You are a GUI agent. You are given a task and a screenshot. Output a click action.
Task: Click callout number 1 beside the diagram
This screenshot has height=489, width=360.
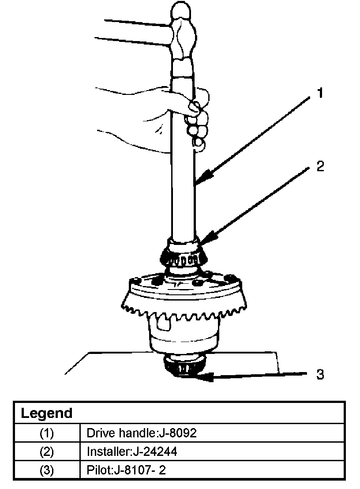pyautogui.click(x=320, y=93)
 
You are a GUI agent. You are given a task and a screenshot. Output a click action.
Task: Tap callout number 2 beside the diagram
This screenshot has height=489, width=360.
pyautogui.click(x=320, y=166)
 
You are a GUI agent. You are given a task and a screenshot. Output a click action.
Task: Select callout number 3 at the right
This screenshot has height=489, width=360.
pyautogui.click(x=320, y=374)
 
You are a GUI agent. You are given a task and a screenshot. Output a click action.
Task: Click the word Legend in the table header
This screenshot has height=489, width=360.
pyautogui.click(x=47, y=414)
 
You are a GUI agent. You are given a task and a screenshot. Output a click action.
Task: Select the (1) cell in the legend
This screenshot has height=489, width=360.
pyautogui.click(x=47, y=433)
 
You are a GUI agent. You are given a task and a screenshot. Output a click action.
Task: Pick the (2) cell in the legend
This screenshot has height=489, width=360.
pyautogui.click(x=47, y=452)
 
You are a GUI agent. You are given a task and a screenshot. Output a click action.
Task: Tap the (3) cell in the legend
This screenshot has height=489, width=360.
pyautogui.click(x=47, y=470)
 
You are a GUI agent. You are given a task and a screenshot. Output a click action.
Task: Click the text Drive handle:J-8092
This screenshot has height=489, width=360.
pyautogui.click(x=141, y=433)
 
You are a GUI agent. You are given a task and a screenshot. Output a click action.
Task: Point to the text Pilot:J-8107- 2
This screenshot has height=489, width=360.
pyautogui.click(x=126, y=470)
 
